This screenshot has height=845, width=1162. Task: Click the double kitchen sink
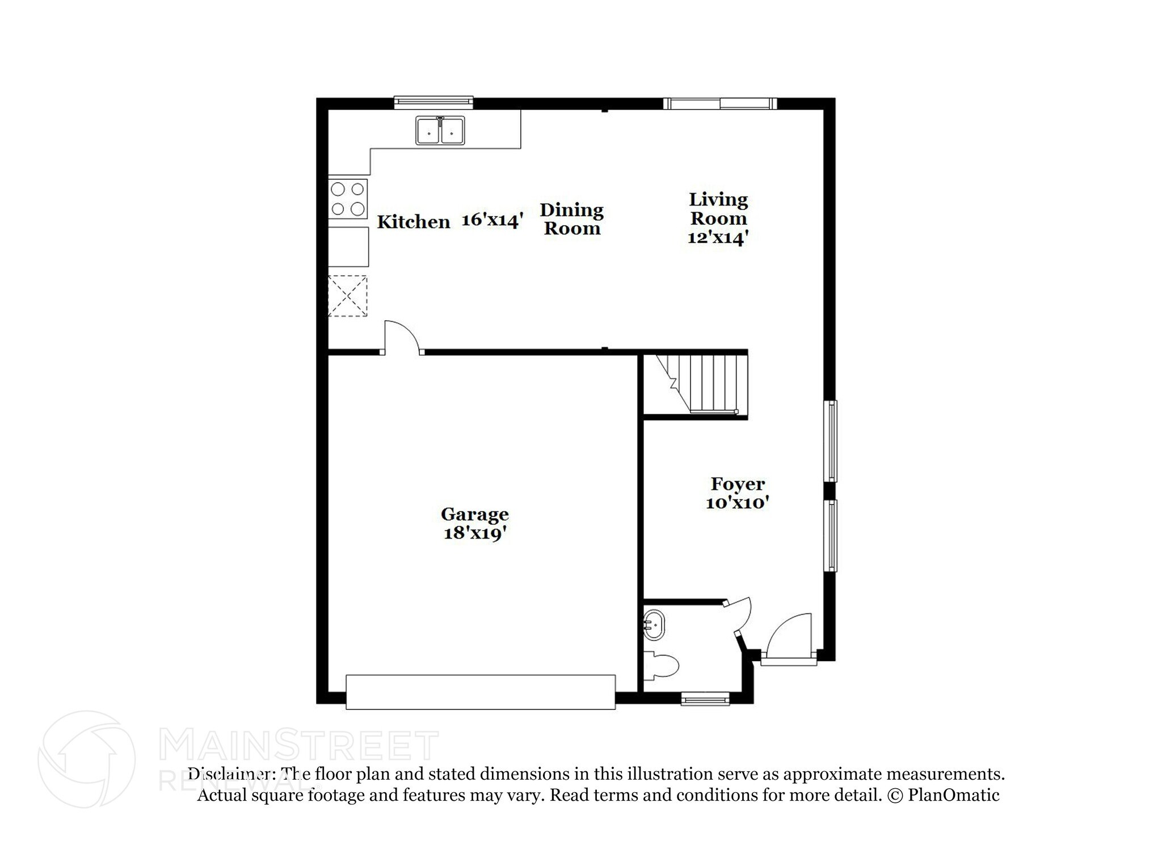440,131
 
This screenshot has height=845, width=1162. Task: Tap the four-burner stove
348,199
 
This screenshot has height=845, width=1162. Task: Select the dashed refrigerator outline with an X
348,296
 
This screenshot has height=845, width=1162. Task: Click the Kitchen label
413,222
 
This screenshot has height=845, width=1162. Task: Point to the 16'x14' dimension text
491,220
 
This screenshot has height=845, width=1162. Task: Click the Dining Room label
571,219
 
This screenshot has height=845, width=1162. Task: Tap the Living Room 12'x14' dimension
718,238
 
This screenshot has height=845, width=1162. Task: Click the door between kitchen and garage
402,339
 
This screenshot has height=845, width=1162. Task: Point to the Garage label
474,514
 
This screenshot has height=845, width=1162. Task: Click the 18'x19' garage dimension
474,533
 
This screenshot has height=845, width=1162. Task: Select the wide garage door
480,692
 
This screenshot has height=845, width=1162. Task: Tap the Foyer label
738,484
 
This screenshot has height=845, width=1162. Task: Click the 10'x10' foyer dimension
737,503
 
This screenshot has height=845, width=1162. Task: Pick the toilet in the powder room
663,666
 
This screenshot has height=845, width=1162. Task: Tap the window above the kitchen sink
433,102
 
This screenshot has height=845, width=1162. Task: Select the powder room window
705,699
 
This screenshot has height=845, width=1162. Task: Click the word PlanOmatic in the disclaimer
953,795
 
